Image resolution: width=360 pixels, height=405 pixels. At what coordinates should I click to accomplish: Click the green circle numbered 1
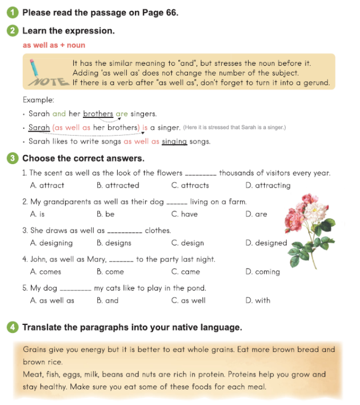point(14,13)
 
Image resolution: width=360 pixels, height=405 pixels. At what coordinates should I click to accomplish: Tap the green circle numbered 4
point(14,327)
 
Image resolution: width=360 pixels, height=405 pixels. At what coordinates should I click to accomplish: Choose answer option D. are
point(256,214)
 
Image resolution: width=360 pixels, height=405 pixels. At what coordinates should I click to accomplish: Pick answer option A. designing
point(51,243)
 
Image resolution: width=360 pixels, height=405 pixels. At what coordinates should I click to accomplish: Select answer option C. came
point(185,272)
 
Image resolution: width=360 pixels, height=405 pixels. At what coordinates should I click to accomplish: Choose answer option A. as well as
point(52,300)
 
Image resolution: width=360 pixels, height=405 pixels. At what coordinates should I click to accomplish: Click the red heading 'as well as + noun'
point(54,45)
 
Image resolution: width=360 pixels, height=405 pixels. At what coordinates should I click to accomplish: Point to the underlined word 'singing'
point(174,141)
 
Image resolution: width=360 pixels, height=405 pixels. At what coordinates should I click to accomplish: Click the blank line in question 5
point(75,289)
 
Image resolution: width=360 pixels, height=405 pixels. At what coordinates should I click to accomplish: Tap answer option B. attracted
point(118,185)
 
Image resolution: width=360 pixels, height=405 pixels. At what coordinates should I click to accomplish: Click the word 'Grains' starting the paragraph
point(35,349)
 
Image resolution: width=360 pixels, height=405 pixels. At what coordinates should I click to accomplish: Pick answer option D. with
point(258,300)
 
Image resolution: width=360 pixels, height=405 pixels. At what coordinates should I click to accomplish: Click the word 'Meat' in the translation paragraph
point(33,375)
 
